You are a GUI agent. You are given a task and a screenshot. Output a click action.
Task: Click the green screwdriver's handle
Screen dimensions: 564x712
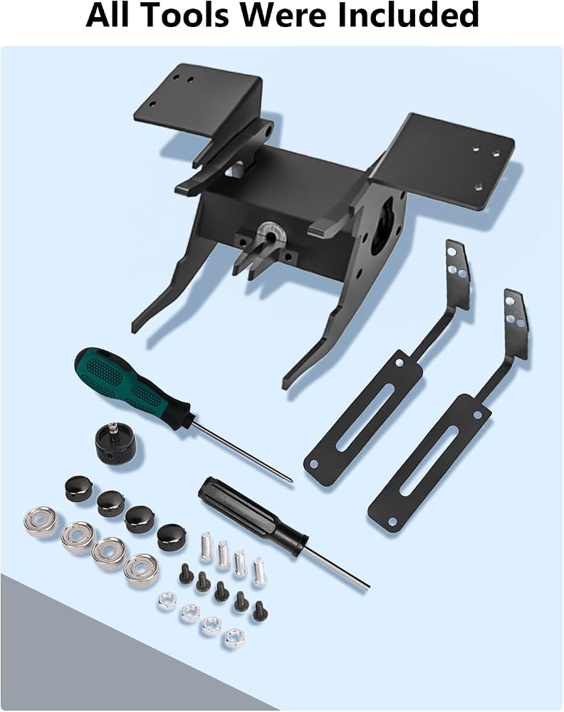131,384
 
